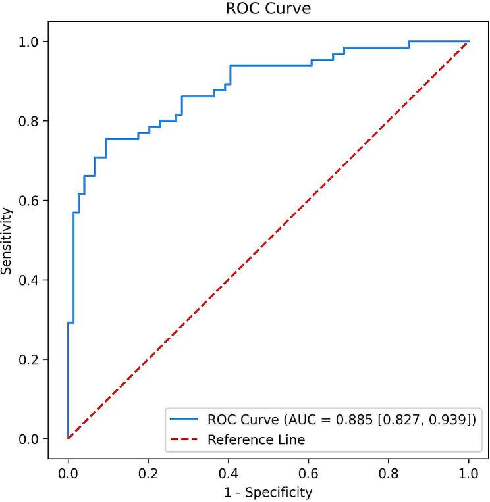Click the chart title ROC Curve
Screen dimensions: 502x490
point(267,9)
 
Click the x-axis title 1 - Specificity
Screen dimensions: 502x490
point(267,491)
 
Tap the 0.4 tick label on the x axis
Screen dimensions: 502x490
point(228,472)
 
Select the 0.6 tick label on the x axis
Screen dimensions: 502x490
point(308,472)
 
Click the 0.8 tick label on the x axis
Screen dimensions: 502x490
point(389,472)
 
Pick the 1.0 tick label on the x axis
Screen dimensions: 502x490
point(468,472)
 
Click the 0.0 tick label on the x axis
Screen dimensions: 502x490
point(68,472)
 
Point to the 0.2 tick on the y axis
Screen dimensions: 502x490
point(31,359)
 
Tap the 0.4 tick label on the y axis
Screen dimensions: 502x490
point(31,280)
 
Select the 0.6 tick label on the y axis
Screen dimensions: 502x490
point(31,200)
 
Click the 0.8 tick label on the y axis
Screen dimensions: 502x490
point(31,121)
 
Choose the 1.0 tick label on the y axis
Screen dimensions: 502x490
point(31,41)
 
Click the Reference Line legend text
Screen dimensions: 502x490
point(256,439)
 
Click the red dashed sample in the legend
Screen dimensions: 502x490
point(185,439)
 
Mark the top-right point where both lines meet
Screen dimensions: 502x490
point(468,41)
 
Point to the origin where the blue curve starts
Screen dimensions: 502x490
point(68,438)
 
